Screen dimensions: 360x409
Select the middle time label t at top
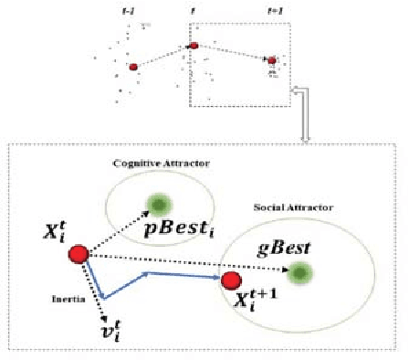193,11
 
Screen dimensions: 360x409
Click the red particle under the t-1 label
133,67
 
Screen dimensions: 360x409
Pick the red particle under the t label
194,46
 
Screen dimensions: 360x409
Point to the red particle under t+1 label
271,60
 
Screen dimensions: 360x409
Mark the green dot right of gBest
299,270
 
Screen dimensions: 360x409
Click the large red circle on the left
79,254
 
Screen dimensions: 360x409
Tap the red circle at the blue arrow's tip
231,280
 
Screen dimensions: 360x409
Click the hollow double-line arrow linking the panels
310,110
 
